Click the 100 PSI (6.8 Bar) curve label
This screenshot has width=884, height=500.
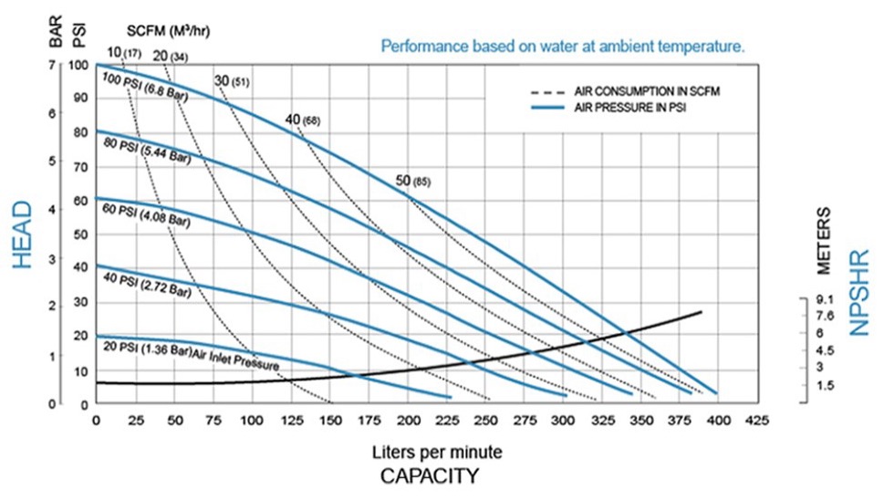click(x=145, y=88)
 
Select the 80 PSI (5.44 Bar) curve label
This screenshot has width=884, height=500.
click(x=147, y=151)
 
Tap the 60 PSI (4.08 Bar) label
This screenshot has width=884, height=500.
click(x=146, y=216)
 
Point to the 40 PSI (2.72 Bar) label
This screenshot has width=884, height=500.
click(x=147, y=285)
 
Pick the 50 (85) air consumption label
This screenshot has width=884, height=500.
click(x=413, y=181)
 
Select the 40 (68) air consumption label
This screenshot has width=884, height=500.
click(x=303, y=120)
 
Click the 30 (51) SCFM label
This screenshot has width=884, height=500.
click(x=232, y=81)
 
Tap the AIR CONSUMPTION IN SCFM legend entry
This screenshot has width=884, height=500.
click(x=625, y=91)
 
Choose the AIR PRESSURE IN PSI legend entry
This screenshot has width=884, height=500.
click(x=608, y=107)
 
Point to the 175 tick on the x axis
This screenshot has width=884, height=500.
click(x=369, y=421)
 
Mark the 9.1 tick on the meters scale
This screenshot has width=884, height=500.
click(x=824, y=300)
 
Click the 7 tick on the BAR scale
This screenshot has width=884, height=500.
click(x=52, y=66)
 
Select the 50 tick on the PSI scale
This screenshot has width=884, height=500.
click(x=80, y=234)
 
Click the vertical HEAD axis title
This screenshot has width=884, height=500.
click(x=22, y=235)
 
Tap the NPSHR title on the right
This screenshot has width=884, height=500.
click(x=859, y=293)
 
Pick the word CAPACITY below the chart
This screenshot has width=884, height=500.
click(x=430, y=476)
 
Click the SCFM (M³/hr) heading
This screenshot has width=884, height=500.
click(x=168, y=31)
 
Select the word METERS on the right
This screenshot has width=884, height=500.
click(x=824, y=241)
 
